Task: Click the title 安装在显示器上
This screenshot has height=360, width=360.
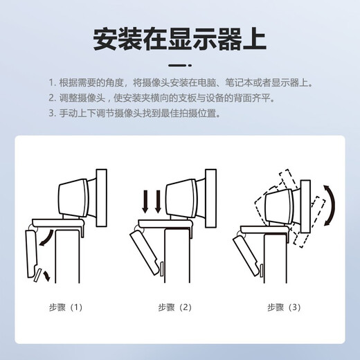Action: click(x=180, y=39)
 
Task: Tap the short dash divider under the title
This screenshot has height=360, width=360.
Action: click(x=180, y=65)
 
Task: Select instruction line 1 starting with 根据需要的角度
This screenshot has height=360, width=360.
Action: click(x=181, y=82)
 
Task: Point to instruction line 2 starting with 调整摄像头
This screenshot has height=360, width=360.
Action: click(x=162, y=98)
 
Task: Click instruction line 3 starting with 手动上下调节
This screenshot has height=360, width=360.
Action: click(x=134, y=113)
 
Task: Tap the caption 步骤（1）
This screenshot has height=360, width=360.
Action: click(x=66, y=307)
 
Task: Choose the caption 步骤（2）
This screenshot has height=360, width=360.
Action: click(x=174, y=307)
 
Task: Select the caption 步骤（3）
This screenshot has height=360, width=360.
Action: click(x=284, y=307)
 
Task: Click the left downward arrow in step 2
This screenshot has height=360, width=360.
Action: click(x=145, y=201)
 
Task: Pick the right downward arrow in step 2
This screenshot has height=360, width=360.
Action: click(x=158, y=201)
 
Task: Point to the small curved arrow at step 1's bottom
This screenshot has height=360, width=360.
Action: click(x=47, y=276)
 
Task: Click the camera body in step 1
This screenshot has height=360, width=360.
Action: click(x=74, y=198)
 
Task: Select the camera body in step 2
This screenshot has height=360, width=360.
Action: click(x=181, y=198)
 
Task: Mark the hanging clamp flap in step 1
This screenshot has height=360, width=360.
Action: click(x=32, y=253)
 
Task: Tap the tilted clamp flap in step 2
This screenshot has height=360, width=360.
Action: click(x=144, y=253)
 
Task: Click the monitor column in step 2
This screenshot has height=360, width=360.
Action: click(x=177, y=255)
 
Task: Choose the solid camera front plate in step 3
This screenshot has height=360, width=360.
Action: click(x=305, y=206)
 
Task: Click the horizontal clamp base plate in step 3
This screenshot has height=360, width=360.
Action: click(x=264, y=230)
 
